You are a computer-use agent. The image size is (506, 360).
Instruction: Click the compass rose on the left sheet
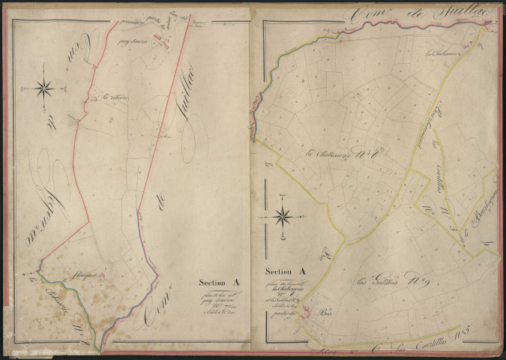(44, 88)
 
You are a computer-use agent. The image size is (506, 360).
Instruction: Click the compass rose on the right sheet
(283, 218)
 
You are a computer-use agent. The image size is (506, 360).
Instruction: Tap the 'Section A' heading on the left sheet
(219, 283)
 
